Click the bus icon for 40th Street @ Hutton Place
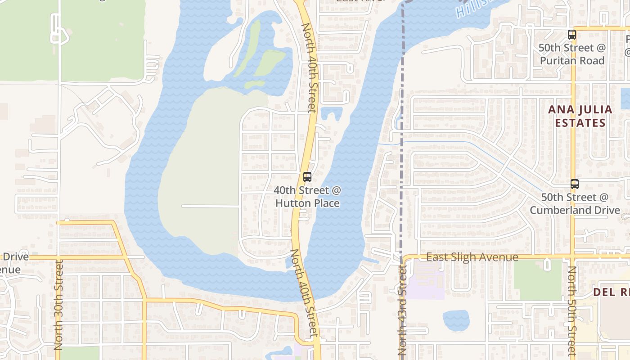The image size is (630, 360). [x=307, y=177]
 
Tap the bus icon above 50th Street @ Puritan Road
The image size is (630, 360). [x=571, y=35]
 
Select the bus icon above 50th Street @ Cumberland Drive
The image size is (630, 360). [x=574, y=184]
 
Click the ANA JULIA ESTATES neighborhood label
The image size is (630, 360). [x=580, y=116]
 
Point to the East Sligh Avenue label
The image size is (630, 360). [x=472, y=257]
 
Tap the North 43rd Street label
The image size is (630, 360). [x=402, y=310]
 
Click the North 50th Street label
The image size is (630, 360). [x=571, y=310]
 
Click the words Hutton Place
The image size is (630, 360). [x=307, y=203]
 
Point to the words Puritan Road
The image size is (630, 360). [x=572, y=60]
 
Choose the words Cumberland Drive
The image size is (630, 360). [x=575, y=210]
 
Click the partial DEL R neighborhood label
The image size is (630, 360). [x=611, y=292]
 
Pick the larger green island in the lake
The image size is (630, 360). [x=270, y=62]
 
